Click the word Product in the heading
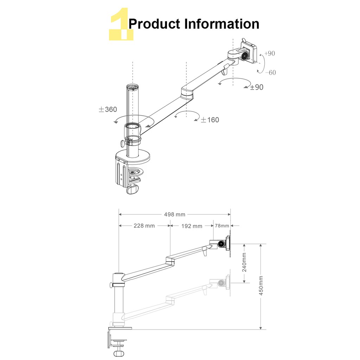coord(154,24)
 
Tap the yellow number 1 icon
coord(121,24)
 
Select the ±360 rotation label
coord(108,109)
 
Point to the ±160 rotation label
coord(210,120)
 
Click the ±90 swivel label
coord(257,87)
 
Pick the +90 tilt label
coord(270,53)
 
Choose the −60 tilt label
coord(270,72)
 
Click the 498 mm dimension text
coord(174,214)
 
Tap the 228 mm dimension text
coord(144,226)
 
